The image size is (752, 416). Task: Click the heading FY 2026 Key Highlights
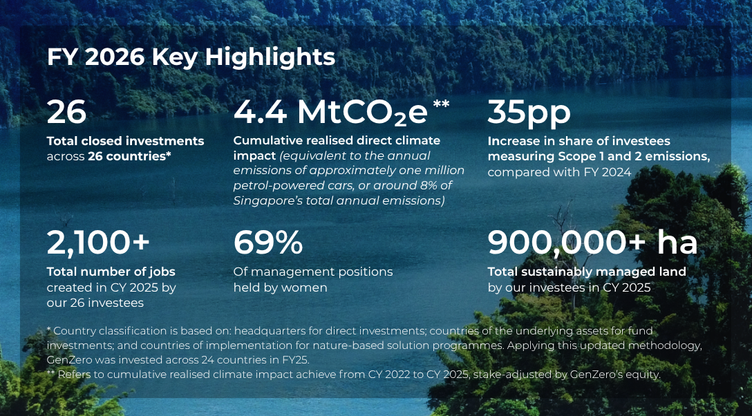pos(191,57)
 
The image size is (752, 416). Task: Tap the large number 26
pos(66,112)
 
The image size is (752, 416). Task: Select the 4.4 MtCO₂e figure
pos(330,113)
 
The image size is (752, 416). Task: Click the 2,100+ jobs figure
pos(98,243)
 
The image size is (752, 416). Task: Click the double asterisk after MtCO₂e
pos(441,104)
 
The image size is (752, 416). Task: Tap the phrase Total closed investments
pos(125,141)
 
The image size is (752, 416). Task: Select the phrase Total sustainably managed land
pos(587,272)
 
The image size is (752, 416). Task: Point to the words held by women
pos(280,287)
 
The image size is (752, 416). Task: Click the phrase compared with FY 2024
pos(559,172)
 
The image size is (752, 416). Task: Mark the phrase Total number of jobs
pos(111,272)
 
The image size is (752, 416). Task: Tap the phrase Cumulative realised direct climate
pos(337,141)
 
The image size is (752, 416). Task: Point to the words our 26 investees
pos(95,303)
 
